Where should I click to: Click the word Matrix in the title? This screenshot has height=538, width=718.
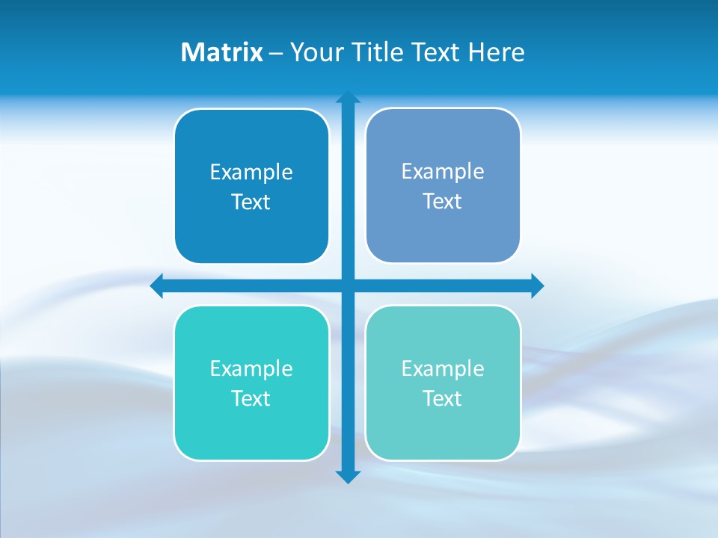coord(221,52)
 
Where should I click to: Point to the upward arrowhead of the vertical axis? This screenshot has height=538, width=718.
coord(348,98)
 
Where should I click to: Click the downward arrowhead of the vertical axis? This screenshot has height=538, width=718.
coord(348,476)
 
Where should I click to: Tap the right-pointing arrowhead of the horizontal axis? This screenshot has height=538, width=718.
coord(537,285)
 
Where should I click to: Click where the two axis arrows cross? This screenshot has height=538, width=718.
coord(348,285)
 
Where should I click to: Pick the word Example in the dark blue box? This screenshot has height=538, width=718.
coord(251,173)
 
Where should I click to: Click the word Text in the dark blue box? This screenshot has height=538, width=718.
coord(251,202)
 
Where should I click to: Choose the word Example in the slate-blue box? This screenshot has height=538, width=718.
coord(443,172)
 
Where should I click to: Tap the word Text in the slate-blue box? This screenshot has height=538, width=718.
coord(443,202)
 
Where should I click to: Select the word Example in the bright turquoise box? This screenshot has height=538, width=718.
coord(251,369)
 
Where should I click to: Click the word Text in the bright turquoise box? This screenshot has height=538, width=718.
coord(251,399)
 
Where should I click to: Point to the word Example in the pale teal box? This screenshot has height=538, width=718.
coord(443,369)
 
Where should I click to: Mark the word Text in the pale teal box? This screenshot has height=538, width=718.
coord(443,399)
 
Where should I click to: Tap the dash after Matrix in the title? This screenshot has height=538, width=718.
coord(276,53)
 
